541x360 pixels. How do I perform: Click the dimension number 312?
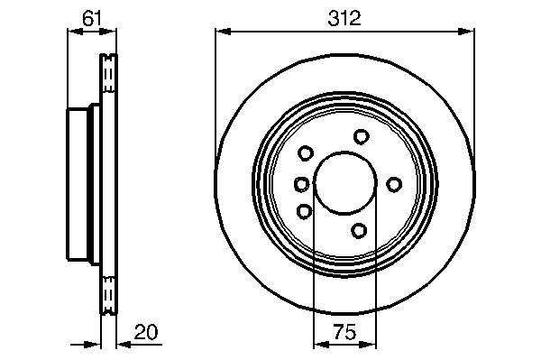pyautogui.click(x=344, y=18)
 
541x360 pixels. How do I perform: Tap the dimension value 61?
pyautogui.click(x=92, y=18)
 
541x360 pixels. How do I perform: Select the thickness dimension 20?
pyautogui.click(x=146, y=331)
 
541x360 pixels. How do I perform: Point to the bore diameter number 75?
pyautogui.click(x=344, y=332)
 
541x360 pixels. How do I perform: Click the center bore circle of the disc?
pyautogui.click(x=345, y=182)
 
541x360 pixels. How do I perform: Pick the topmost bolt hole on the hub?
pyautogui.click(x=362, y=136)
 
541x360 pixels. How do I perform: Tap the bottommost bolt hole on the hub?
pyautogui.click(x=359, y=230)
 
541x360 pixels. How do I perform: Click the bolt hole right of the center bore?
pyautogui.click(x=394, y=184)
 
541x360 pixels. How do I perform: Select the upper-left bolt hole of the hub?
pyautogui.click(x=306, y=152)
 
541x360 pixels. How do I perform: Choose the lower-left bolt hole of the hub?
pyautogui.click(x=305, y=211)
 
